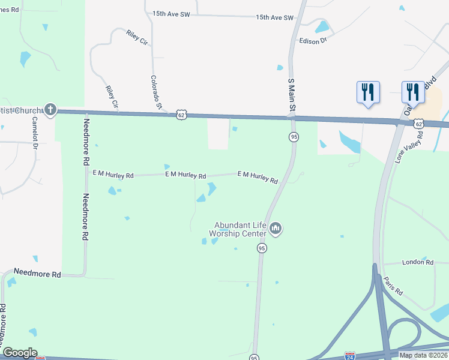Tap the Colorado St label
point(157,92)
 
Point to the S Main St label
point(292,95)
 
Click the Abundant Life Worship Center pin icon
point(276,228)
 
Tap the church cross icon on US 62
point(50,110)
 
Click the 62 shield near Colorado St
point(181,115)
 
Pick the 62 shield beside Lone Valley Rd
point(418,123)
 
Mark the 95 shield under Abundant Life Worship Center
point(262,248)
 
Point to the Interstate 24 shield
point(350,356)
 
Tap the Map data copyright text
point(422,355)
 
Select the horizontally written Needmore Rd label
point(39,274)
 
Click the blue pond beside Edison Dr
point(322,27)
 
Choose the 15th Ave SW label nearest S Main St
point(275,18)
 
